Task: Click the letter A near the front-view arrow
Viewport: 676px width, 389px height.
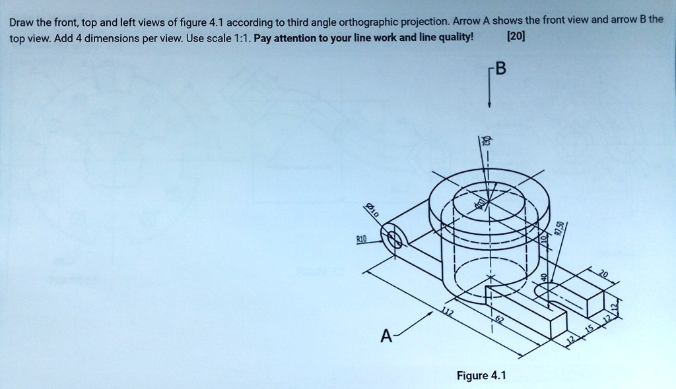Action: point(385,337)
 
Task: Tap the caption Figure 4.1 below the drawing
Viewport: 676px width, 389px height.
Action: point(481,376)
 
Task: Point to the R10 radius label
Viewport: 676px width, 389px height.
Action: point(361,241)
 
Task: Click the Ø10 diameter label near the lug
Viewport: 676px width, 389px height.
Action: point(374,211)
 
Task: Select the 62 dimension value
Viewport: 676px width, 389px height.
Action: point(499,321)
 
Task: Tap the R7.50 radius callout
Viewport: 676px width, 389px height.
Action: point(560,228)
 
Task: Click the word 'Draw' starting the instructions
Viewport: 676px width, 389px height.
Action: point(22,22)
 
